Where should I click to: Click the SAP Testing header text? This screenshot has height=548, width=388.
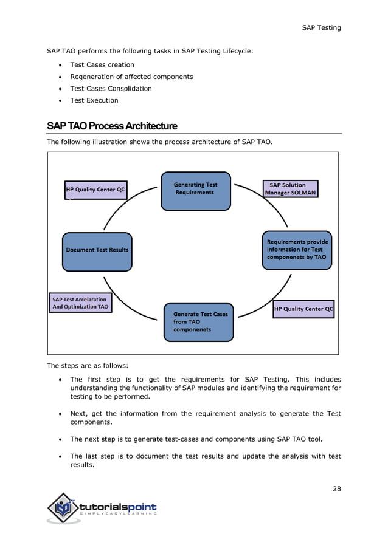(x=321, y=27)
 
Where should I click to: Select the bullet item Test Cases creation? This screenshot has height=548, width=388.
(x=102, y=64)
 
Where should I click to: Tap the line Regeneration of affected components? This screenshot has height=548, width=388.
(x=131, y=77)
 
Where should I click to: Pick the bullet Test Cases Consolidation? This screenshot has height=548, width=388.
(x=111, y=88)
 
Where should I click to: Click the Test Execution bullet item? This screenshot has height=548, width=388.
(x=94, y=100)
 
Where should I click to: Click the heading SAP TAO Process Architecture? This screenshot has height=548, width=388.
(x=112, y=126)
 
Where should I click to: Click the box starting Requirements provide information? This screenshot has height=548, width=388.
(x=297, y=249)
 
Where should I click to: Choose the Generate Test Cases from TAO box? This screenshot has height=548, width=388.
(x=198, y=322)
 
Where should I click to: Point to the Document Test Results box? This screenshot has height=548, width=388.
(x=97, y=250)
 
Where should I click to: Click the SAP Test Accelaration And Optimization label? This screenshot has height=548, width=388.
(x=80, y=303)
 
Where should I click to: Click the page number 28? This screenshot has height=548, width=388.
(x=336, y=489)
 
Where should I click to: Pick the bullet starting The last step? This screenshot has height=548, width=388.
(x=205, y=461)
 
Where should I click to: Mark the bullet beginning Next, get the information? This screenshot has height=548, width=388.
(x=205, y=419)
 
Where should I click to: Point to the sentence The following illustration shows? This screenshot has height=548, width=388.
(x=159, y=142)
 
